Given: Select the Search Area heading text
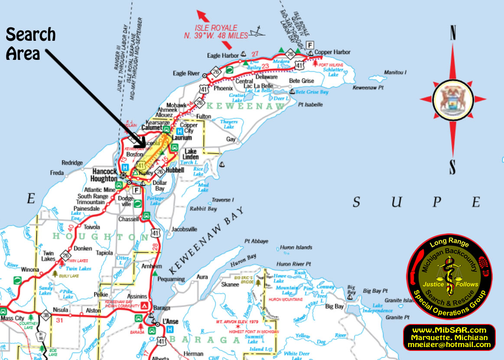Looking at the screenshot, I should tap(31, 44).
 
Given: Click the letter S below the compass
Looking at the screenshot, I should tap(453, 166).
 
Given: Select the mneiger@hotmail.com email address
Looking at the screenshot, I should tap(449, 345).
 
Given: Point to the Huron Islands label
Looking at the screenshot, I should tap(296, 247).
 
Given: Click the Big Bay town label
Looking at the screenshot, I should tap(334, 307).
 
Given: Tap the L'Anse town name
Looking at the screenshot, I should tap(170, 321).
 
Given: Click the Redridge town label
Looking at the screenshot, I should tap(72, 163).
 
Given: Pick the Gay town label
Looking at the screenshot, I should tap(231, 139).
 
